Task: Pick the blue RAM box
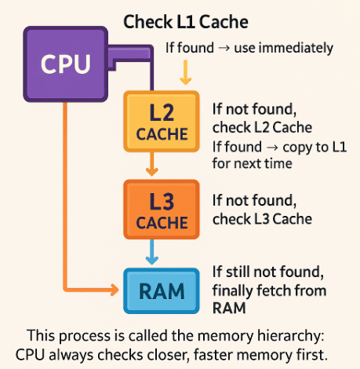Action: (x=162, y=290)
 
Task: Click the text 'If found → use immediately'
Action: (x=249, y=48)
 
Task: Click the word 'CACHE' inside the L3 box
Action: (x=162, y=223)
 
